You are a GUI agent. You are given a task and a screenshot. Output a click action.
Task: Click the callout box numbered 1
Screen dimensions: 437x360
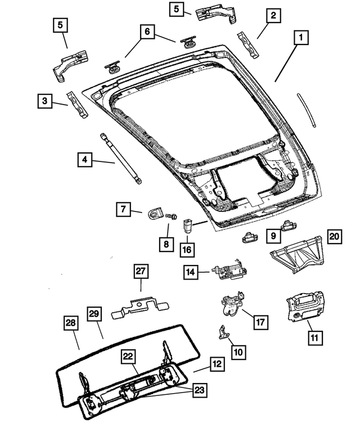pyautogui.click(x=301, y=38)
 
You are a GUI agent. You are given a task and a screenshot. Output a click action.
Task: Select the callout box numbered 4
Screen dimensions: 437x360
pyautogui.click(x=84, y=160)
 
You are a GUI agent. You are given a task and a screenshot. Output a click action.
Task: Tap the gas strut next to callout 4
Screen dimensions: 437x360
pyautogui.click(x=121, y=157)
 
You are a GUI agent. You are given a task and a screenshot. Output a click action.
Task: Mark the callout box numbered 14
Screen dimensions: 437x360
pyautogui.click(x=191, y=272)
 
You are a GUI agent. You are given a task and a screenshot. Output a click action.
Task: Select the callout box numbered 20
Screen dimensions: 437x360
pyautogui.click(x=335, y=236)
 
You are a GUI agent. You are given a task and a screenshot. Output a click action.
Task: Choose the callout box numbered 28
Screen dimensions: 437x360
pyautogui.click(x=70, y=325)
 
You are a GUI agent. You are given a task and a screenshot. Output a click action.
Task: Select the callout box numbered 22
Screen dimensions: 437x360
pyautogui.click(x=129, y=357)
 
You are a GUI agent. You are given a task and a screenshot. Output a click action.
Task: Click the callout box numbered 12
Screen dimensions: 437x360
pyautogui.click(x=216, y=364)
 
